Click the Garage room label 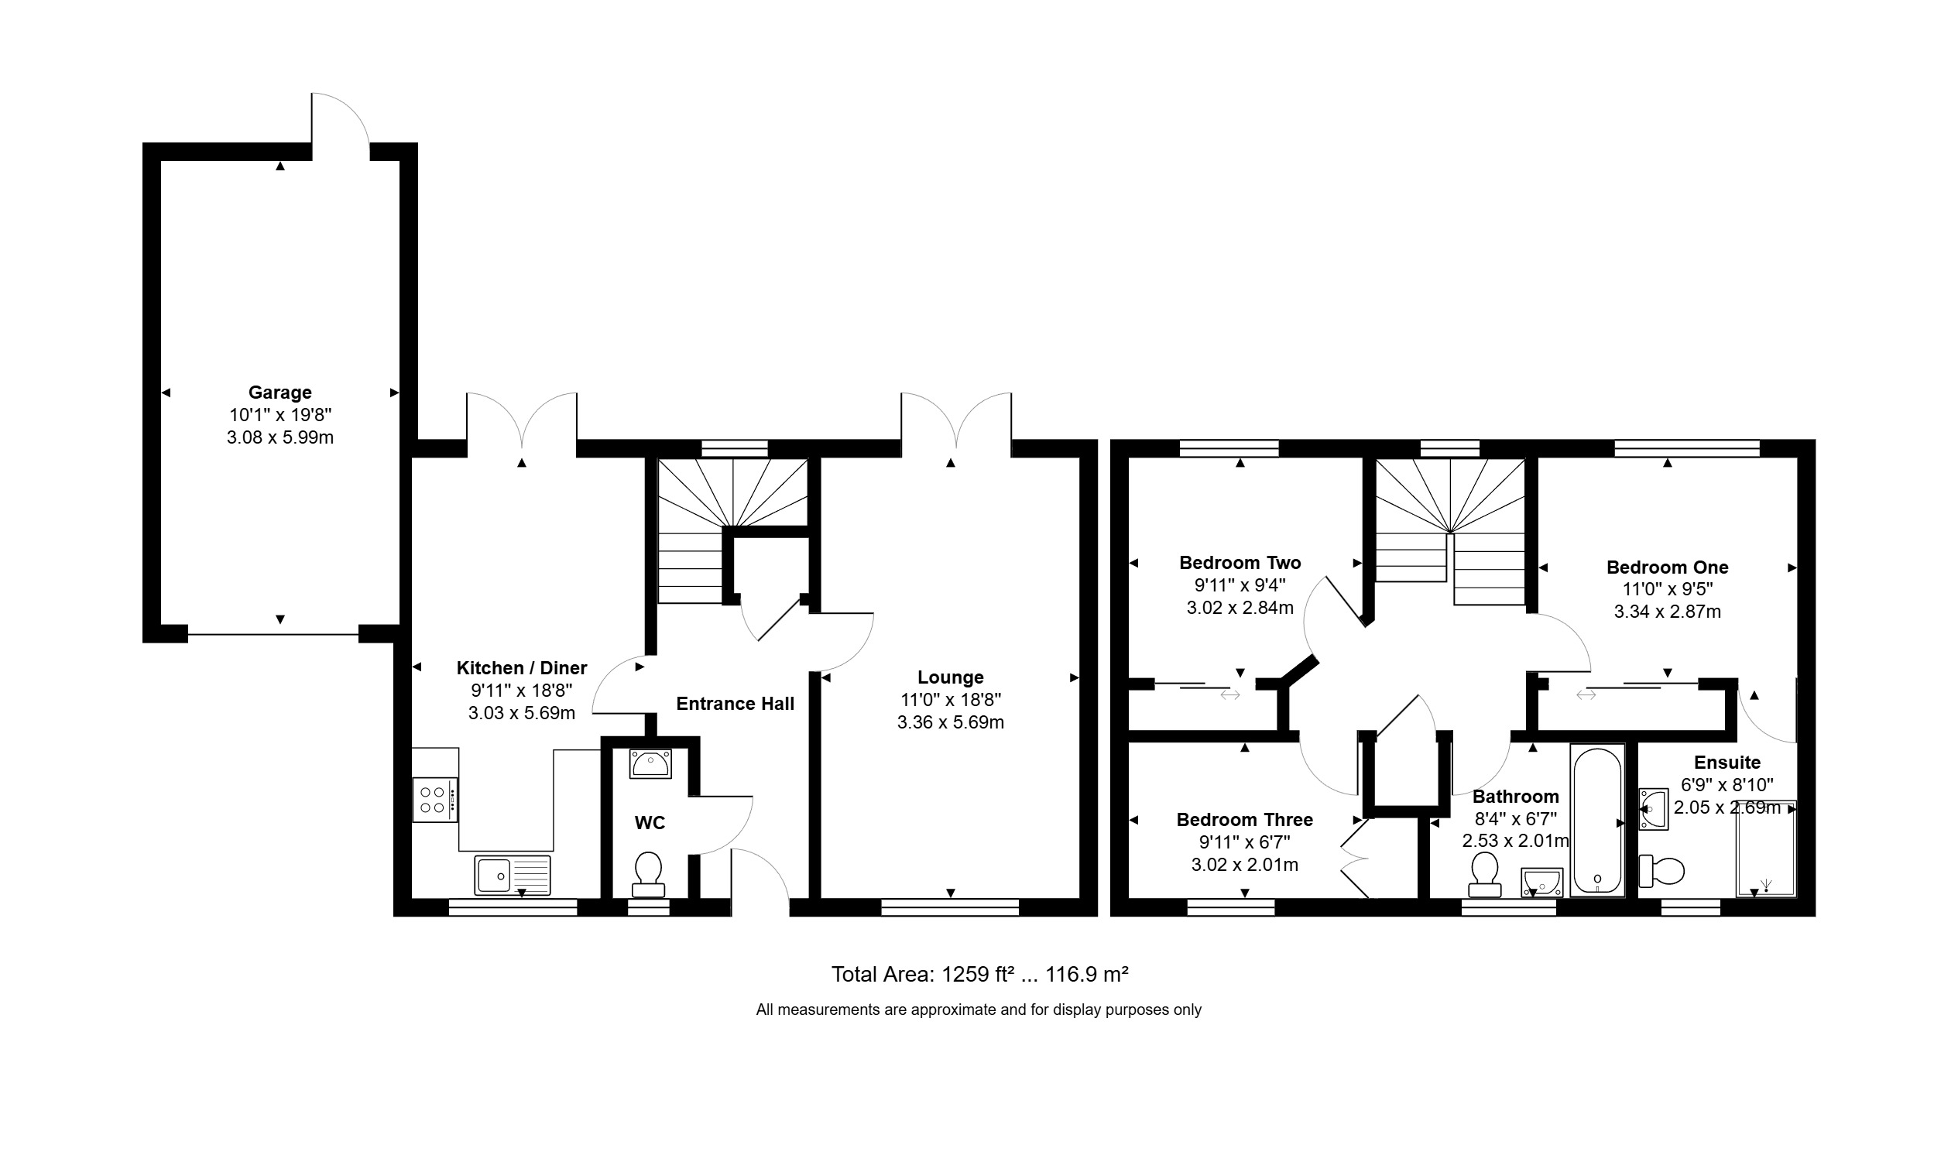279,393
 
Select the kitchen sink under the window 513,875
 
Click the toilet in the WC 648,874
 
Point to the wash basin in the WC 650,763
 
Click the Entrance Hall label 735,704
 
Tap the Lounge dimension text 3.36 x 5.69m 951,722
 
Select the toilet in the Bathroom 1485,874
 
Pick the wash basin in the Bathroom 1542,883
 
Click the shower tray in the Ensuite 1766,848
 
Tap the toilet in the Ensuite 1661,871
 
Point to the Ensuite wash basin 1653,809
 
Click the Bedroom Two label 1240,564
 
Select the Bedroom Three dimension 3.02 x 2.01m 1244,865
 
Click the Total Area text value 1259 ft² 977,975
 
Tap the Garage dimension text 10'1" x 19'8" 280,415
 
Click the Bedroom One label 1668,567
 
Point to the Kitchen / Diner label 521,668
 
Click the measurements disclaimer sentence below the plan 979,1010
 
